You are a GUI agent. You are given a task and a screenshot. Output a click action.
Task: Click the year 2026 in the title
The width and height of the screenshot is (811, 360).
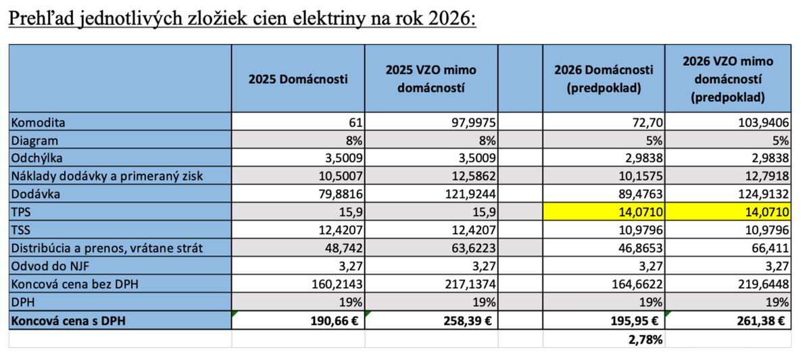click(451, 18)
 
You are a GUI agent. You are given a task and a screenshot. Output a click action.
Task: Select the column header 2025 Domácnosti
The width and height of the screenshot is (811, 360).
click(298, 79)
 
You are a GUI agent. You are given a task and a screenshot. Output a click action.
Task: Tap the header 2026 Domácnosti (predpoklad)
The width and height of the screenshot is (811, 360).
click(604, 79)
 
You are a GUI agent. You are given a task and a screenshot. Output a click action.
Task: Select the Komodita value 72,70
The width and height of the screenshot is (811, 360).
click(645, 122)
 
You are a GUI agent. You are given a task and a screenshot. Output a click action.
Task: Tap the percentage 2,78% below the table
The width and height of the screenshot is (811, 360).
click(645, 340)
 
